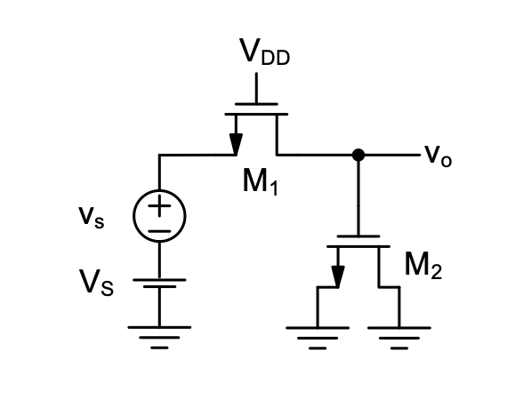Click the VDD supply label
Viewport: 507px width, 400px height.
pyautogui.click(x=264, y=52)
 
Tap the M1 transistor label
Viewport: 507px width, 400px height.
pyautogui.click(x=261, y=181)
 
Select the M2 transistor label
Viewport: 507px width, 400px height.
pyautogui.click(x=422, y=265)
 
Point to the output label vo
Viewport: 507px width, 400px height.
pyautogui.click(x=439, y=156)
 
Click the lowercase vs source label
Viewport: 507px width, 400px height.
pyautogui.click(x=92, y=218)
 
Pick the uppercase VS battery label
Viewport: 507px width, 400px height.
pyautogui.click(x=96, y=283)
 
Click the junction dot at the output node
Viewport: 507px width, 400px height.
pyautogui.click(x=358, y=155)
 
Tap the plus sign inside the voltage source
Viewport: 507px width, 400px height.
pyautogui.click(x=159, y=205)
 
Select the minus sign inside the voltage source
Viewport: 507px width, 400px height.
pyautogui.click(x=159, y=231)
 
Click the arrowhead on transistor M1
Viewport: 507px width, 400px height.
pyautogui.click(x=236, y=144)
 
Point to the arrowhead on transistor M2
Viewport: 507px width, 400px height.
pyautogui.click(x=338, y=276)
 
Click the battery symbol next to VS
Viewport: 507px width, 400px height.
pyautogui.click(x=159, y=283)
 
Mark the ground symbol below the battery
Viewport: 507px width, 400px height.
pyautogui.click(x=159, y=338)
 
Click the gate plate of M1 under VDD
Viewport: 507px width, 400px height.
pyautogui.click(x=256, y=104)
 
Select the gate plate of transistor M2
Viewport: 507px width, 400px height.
pyautogui.click(x=358, y=236)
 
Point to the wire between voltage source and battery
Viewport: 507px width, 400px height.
pyautogui.click(x=159, y=260)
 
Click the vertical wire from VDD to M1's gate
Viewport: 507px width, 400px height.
pyautogui.click(x=256, y=88)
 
